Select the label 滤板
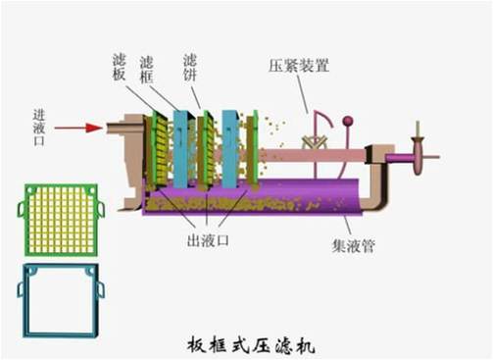coord(119,68)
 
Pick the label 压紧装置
coord(299,67)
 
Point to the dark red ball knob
coord(347,122)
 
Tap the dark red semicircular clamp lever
coord(318,128)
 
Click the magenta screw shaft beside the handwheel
coord(398,156)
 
